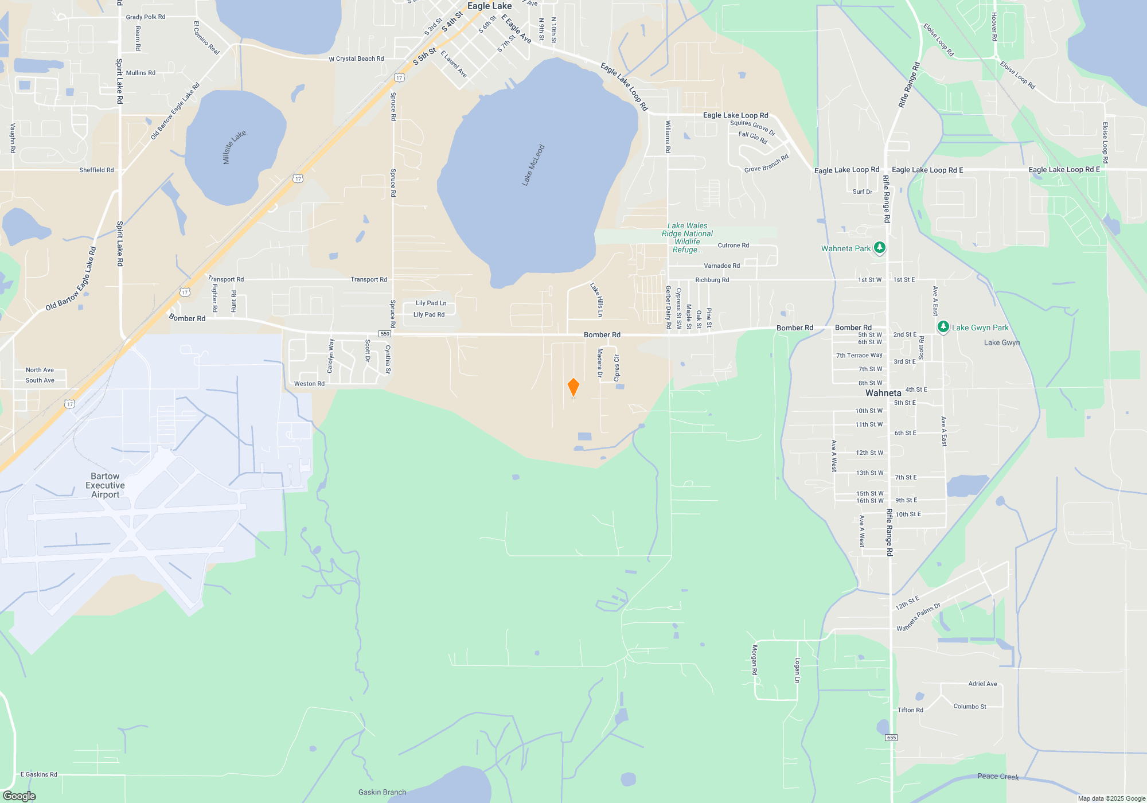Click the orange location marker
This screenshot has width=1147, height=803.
click(573, 387)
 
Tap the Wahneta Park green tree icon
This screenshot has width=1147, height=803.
click(879, 248)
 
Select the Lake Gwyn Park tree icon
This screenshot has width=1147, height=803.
click(943, 327)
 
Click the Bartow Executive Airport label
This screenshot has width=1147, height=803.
click(105, 485)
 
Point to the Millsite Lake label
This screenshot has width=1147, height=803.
click(234, 147)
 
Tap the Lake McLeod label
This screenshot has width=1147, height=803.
click(533, 165)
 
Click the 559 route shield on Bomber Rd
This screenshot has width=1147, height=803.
click(385, 334)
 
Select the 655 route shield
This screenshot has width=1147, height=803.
click(891, 738)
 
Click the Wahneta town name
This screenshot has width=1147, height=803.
click(883, 393)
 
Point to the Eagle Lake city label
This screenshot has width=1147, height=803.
click(489, 6)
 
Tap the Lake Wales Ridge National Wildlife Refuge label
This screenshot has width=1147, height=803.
click(687, 237)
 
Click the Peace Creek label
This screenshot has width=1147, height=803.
click(998, 777)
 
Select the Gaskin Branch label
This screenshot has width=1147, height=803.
click(382, 792)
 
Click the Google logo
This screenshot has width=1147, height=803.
click(19, 796)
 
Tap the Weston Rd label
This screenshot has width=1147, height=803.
click(309, 384)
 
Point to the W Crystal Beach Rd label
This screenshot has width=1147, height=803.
click(356, 59)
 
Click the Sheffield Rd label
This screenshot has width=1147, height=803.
click(96, 170)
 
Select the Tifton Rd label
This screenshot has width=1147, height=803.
click(910, 710)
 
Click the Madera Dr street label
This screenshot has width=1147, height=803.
click(600, 362)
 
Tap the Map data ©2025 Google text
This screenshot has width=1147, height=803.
click(1111, 798)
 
